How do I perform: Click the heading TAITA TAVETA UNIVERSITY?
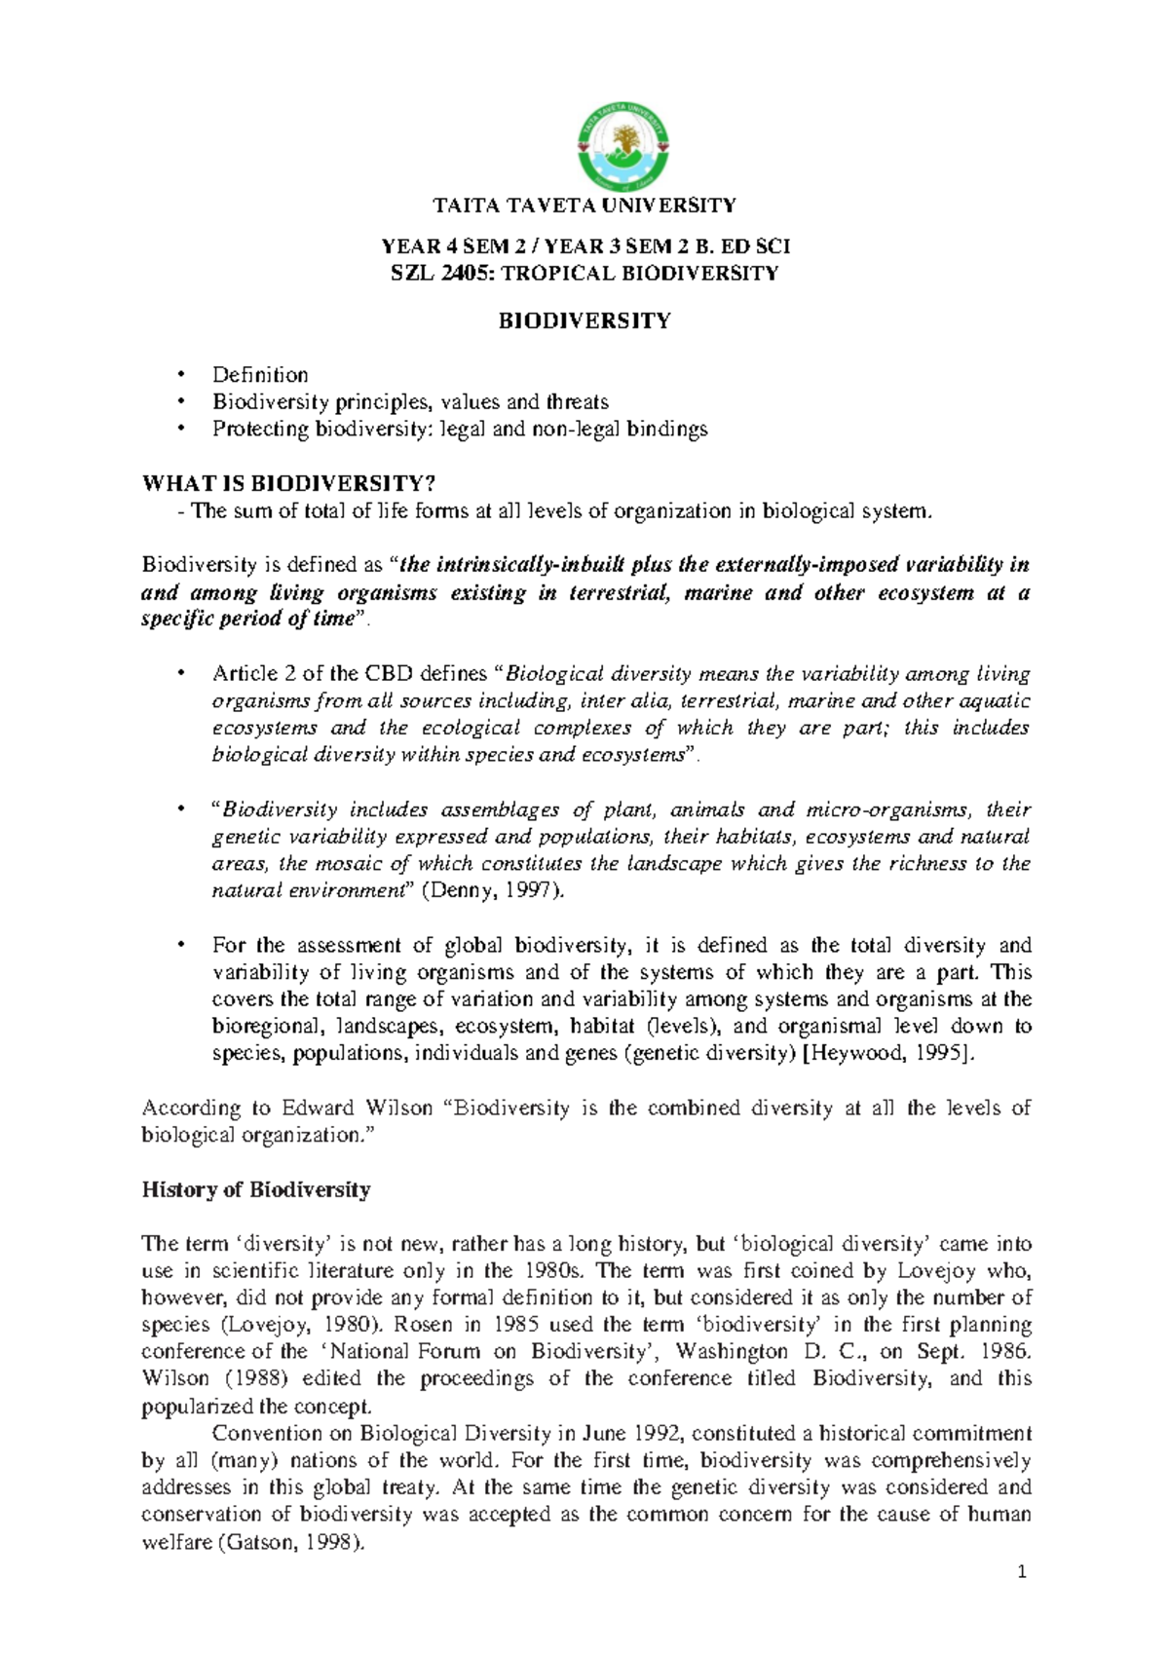tap(584, 205)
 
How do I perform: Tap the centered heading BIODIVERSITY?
tap(584, 320)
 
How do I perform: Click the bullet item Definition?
tap(260, 375)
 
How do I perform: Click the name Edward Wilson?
tap(357, 1108)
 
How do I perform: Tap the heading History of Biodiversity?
tap(256, 1189)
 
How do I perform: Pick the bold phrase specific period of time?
tap(245, 620)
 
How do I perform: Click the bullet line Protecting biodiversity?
tap(460, 430)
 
